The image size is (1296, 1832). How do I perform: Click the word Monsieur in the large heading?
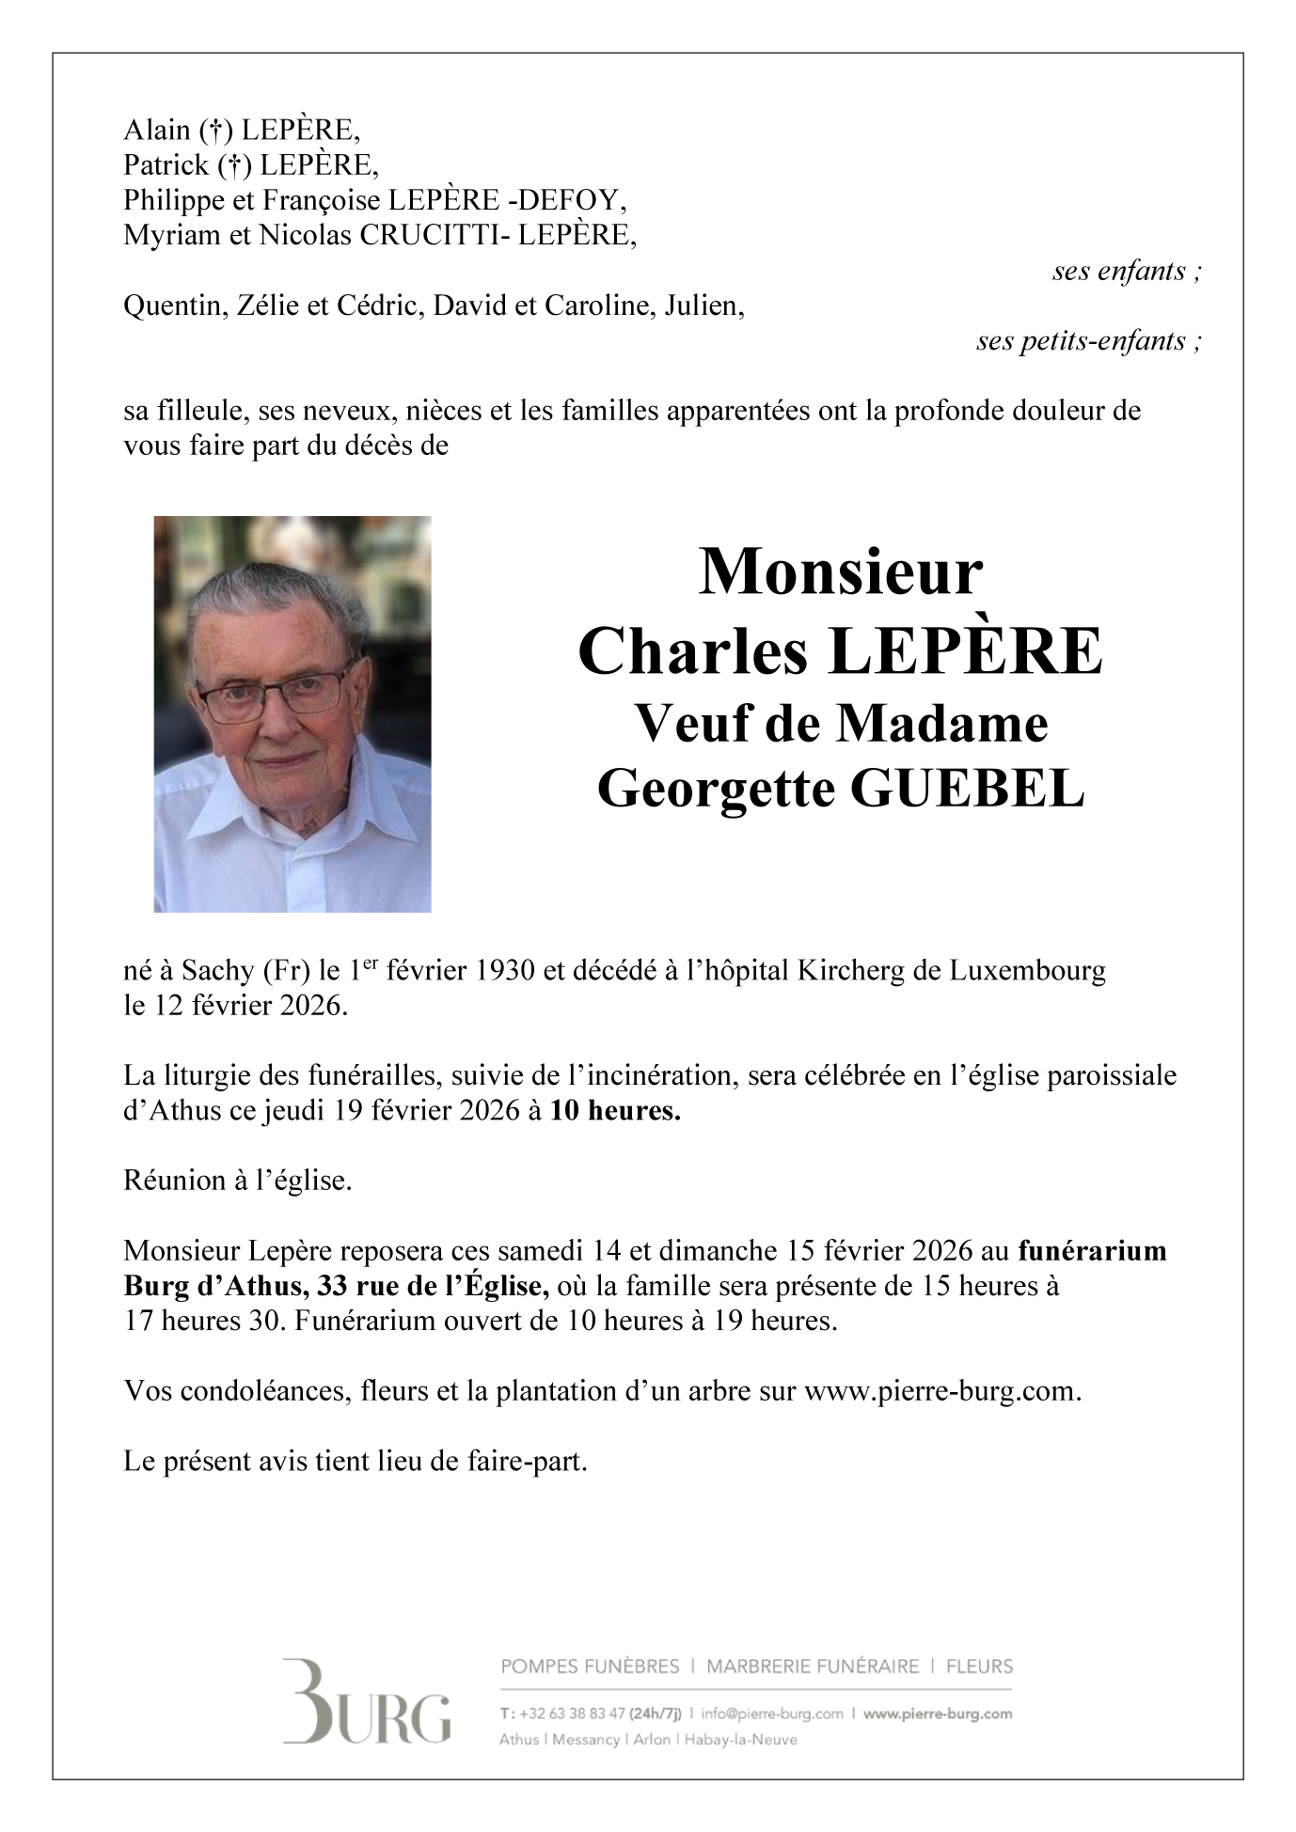point(840,572)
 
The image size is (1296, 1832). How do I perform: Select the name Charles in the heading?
point(692,651)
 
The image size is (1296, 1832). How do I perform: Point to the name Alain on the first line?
point(157,130)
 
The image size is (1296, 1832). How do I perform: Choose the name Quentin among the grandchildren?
point(170,305)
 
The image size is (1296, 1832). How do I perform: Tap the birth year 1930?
point(510,970)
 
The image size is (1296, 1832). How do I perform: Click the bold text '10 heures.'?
point(615,1111)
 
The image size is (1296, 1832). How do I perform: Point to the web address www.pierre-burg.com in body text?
point(941,1391)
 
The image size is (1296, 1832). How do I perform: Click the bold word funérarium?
point(1092,1251)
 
